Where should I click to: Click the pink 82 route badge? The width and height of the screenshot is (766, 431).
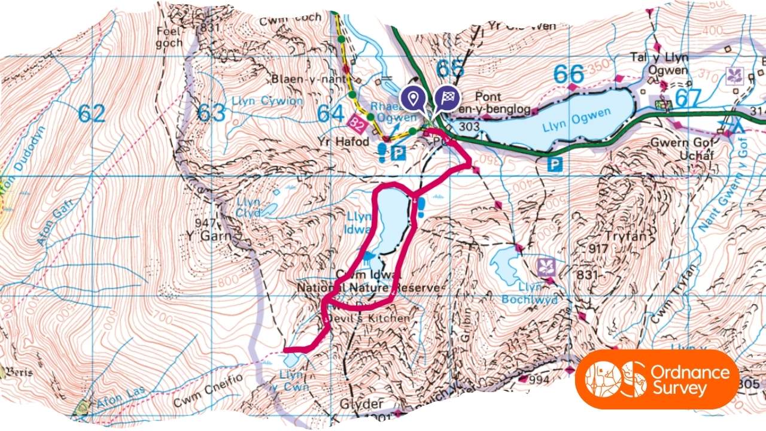click(357, 125)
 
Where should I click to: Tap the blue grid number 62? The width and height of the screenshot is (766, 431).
click(91, 113)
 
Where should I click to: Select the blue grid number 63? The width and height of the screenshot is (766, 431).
click(211, 113)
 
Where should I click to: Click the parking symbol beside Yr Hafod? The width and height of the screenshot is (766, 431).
click(398, 153)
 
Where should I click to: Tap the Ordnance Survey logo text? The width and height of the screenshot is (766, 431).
click(699, 380)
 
